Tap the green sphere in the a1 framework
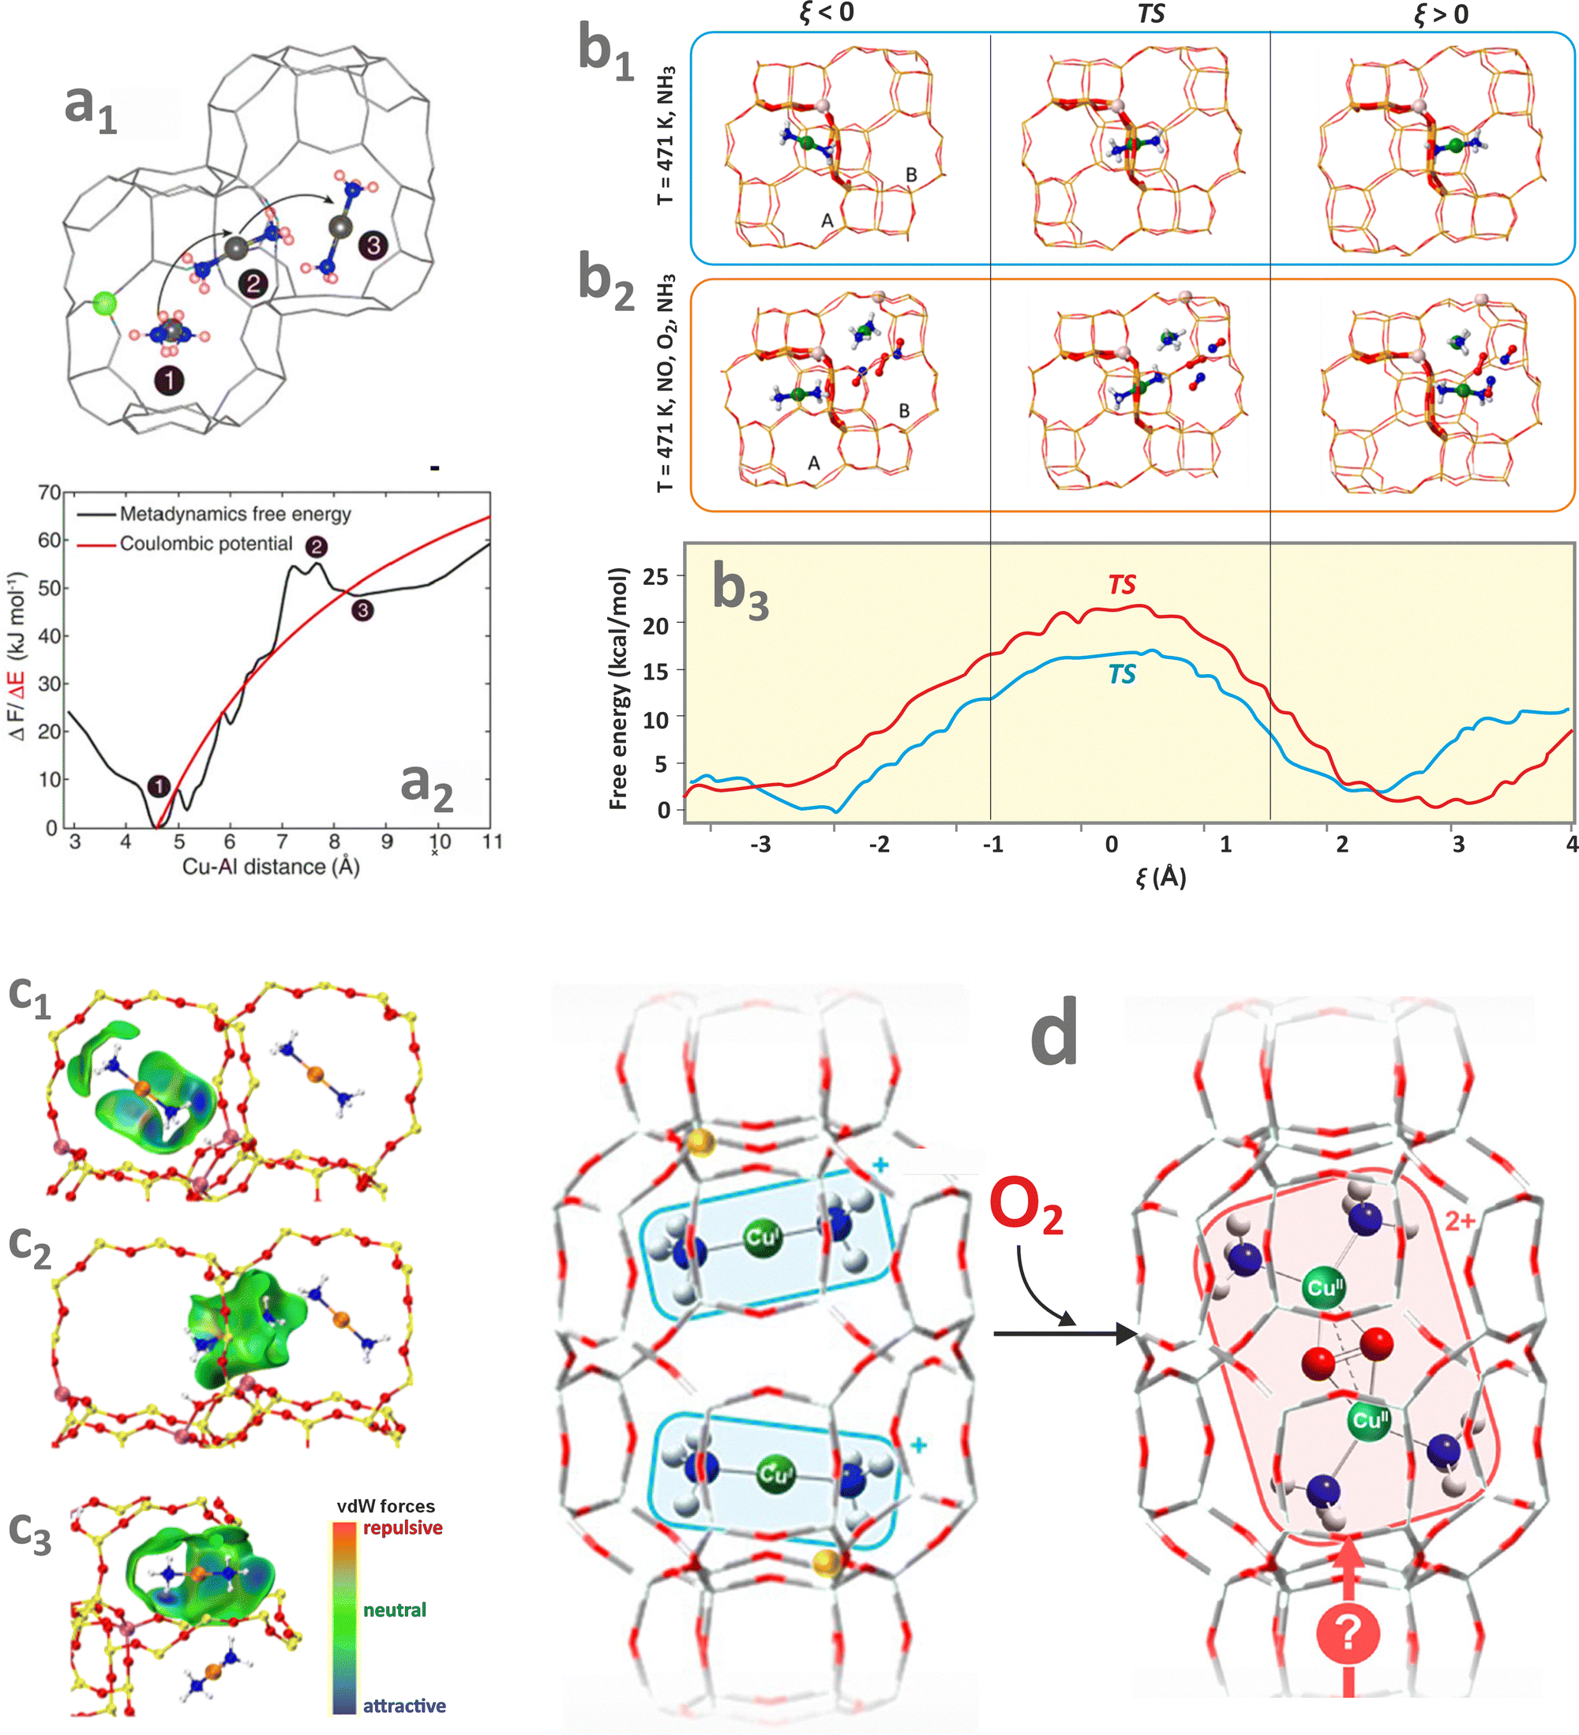(105, 303)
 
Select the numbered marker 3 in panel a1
(373, 245)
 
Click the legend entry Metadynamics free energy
(235, 514)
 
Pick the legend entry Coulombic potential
(206, 544)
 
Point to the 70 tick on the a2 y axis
(49, 493)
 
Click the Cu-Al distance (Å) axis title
(270, 866)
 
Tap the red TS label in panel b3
(1122, 584)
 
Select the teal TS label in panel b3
(1122, 674)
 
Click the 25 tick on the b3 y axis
(655, 575)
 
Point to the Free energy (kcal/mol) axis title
(618, 688)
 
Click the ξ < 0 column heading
(827, 12)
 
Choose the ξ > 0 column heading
(1442, 13)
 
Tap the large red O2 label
(1026, 1207)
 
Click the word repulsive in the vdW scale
(402, 1527)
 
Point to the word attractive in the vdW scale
(403, 1706)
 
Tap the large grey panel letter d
(1054, 1033)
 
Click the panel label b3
(741, 591)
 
